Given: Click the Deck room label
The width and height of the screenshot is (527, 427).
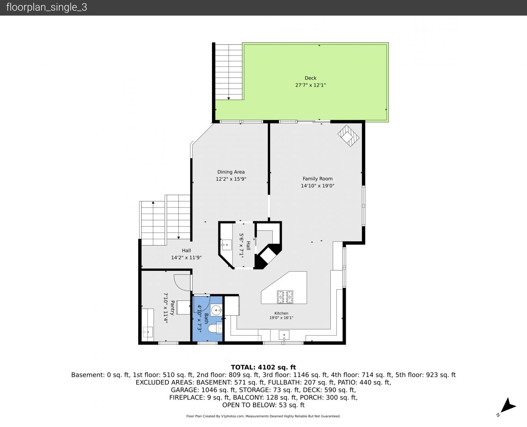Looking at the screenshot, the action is coord(311,78).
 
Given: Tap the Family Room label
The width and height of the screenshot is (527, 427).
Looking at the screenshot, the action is coord(317,179).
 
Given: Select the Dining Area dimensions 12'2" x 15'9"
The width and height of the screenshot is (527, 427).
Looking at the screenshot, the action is coord(231,179).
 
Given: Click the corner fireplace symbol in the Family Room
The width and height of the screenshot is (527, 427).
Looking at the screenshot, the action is coord(348,136).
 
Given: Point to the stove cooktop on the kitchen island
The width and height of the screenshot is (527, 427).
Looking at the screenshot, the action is coord(285,297).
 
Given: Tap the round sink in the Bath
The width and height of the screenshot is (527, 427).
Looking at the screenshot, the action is coord(216,310).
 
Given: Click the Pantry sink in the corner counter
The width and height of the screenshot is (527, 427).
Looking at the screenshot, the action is coord(148,332).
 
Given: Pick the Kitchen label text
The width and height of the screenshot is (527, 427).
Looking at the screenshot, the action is coord(281,313).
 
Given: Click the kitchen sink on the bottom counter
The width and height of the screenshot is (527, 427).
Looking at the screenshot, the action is coord(284,335).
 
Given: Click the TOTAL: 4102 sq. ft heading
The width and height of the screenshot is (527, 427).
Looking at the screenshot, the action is coord(263,367).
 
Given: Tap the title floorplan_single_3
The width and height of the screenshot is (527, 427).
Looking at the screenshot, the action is coord(47,8).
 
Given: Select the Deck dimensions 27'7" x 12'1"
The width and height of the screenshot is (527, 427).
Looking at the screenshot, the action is coord(311,85).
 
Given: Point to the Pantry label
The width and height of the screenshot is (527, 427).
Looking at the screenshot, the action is coord(173,308).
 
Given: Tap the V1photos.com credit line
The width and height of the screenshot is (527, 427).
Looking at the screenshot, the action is coord(263,416).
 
